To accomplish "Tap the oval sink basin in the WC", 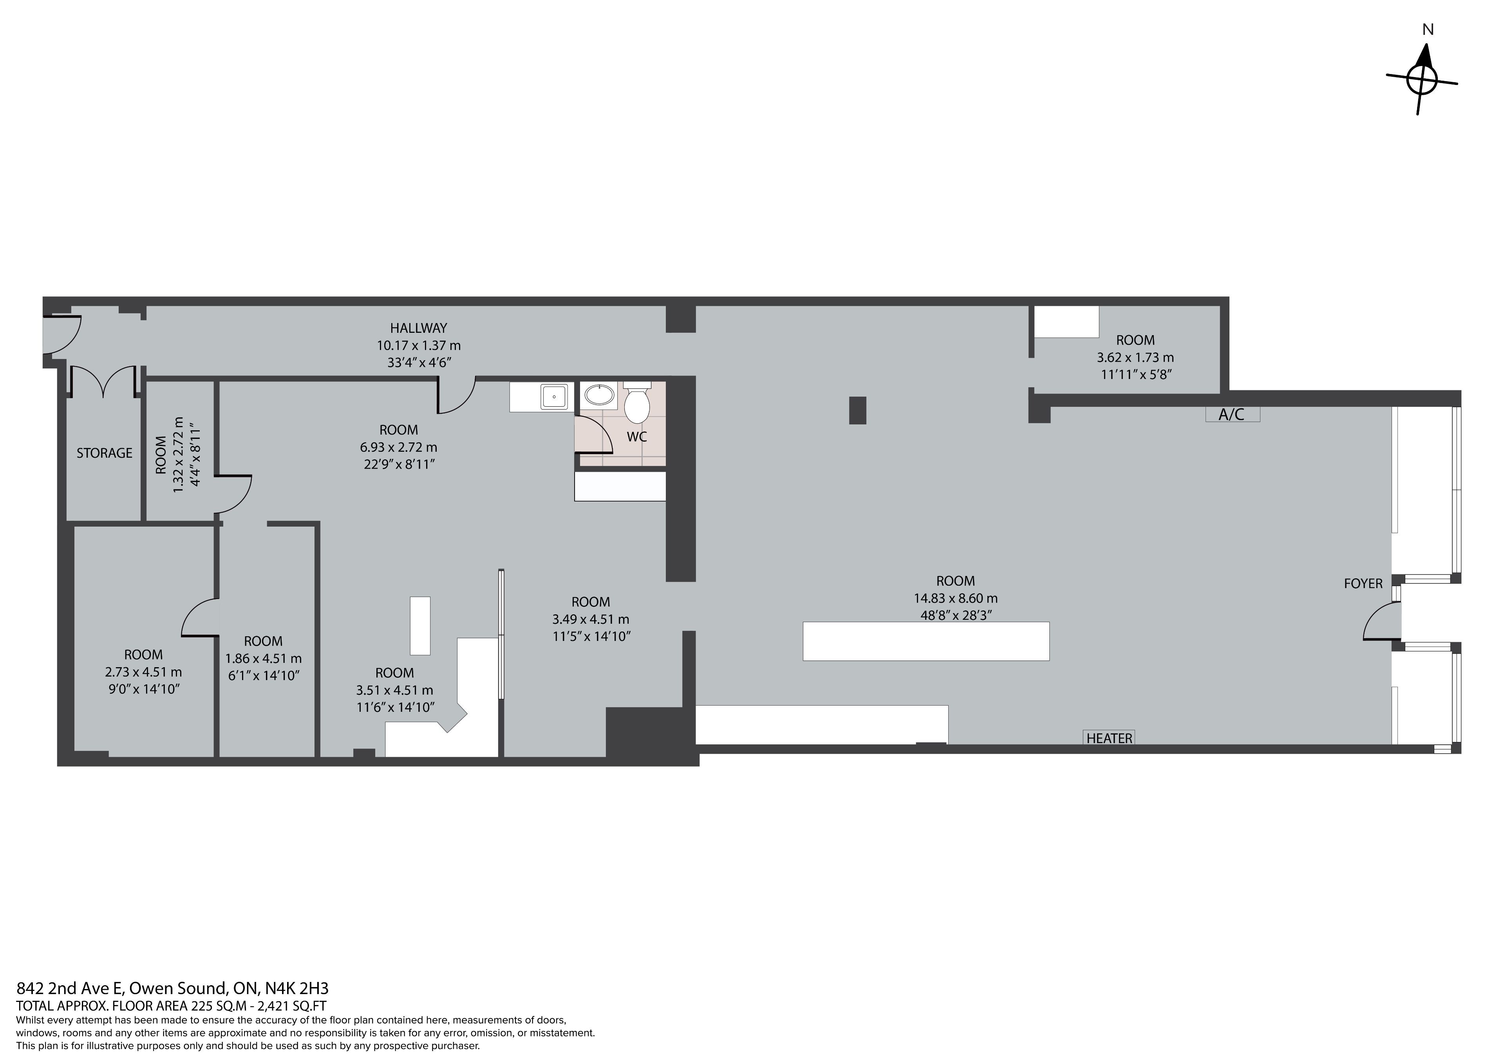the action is (599, 395).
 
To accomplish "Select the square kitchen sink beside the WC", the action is (554, 396).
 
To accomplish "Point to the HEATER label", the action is (1108, 738).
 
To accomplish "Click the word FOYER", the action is (1363, 583).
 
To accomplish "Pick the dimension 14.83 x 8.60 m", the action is (956, 598).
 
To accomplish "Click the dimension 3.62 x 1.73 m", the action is (1135, 357).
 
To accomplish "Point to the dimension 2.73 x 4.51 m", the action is (143, 672).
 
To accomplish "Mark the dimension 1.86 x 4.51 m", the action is (263, 658).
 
